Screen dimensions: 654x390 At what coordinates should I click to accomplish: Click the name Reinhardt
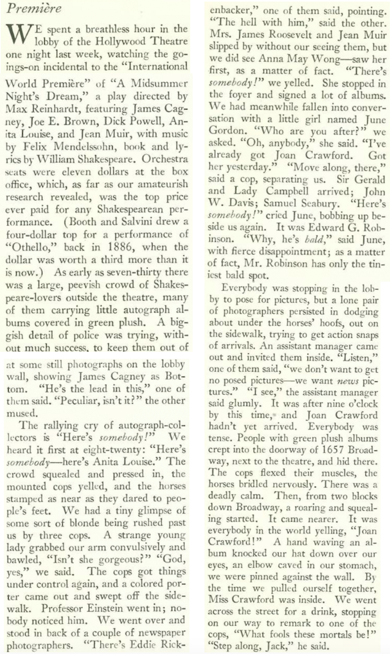52,108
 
